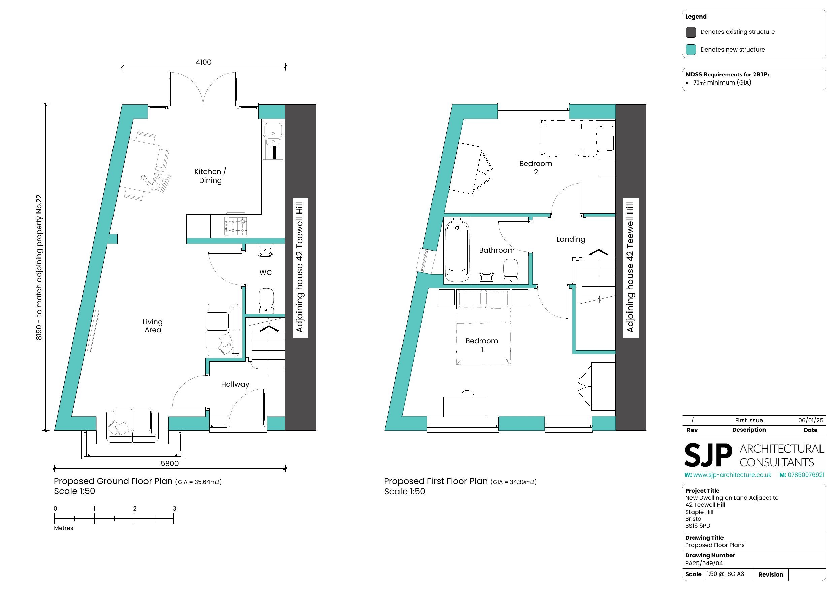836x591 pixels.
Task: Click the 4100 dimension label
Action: pos(203,62)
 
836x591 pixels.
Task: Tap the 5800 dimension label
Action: pos(170,464)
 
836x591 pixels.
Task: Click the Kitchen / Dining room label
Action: pos(210,176)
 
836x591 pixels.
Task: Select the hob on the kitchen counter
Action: pos(235,225)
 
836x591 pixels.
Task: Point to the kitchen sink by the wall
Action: pos(273,140)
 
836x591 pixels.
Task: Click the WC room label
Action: pos(265,273)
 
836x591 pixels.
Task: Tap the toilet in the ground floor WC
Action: pos(266,301)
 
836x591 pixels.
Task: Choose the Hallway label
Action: pos(235,384)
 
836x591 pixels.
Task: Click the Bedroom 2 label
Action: pos(536,167)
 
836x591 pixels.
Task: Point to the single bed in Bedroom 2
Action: pos(577,138)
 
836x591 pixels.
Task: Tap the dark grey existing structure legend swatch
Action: pos(691,32)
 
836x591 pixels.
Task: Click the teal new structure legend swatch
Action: pos(691,50)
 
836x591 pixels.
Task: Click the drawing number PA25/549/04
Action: pos(704,563)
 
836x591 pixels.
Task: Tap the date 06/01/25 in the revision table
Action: pos(810,420)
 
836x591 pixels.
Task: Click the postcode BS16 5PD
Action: pos(698,526)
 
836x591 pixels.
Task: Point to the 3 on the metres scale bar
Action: pos(174,509)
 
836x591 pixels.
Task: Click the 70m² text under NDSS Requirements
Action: pos(699,83)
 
